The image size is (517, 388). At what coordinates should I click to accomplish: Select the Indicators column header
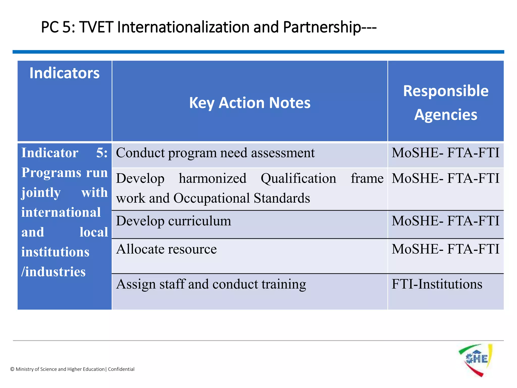[x=64, y=73]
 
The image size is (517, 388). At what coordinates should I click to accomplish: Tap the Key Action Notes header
[x=250, y=103]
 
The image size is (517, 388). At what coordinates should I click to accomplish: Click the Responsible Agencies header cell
[x=446, y=102]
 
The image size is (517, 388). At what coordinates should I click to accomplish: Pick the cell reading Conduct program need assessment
[x=215, y=153]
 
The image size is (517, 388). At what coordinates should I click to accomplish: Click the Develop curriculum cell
[x=173, y=221]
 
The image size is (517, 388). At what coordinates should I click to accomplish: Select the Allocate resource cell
[x=166, y=249]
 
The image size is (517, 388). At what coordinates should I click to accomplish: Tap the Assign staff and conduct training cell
[x=211, y=284]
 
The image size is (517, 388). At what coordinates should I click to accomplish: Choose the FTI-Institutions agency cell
[x=437, y=284]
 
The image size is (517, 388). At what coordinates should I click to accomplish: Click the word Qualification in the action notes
[x=298, y=179]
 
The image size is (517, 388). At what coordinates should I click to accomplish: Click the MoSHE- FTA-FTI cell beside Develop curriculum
[x=445, y=221]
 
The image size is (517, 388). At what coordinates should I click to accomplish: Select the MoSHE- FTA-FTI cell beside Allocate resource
[x=445, y=249]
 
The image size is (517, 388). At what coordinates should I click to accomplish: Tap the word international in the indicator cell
[x=61, y=212]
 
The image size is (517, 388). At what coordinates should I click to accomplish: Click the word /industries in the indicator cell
[x=54, y=272]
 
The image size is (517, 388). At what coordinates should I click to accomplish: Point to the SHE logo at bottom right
[x=476, y=360]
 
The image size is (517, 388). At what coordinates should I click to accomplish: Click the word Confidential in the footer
[x=121, y=369]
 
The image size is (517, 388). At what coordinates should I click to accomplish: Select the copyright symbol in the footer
[x=12, y=369]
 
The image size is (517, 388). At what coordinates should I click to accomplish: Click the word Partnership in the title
[x=322, y=27]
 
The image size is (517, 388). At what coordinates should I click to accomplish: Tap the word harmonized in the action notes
[x=213, y=179]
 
